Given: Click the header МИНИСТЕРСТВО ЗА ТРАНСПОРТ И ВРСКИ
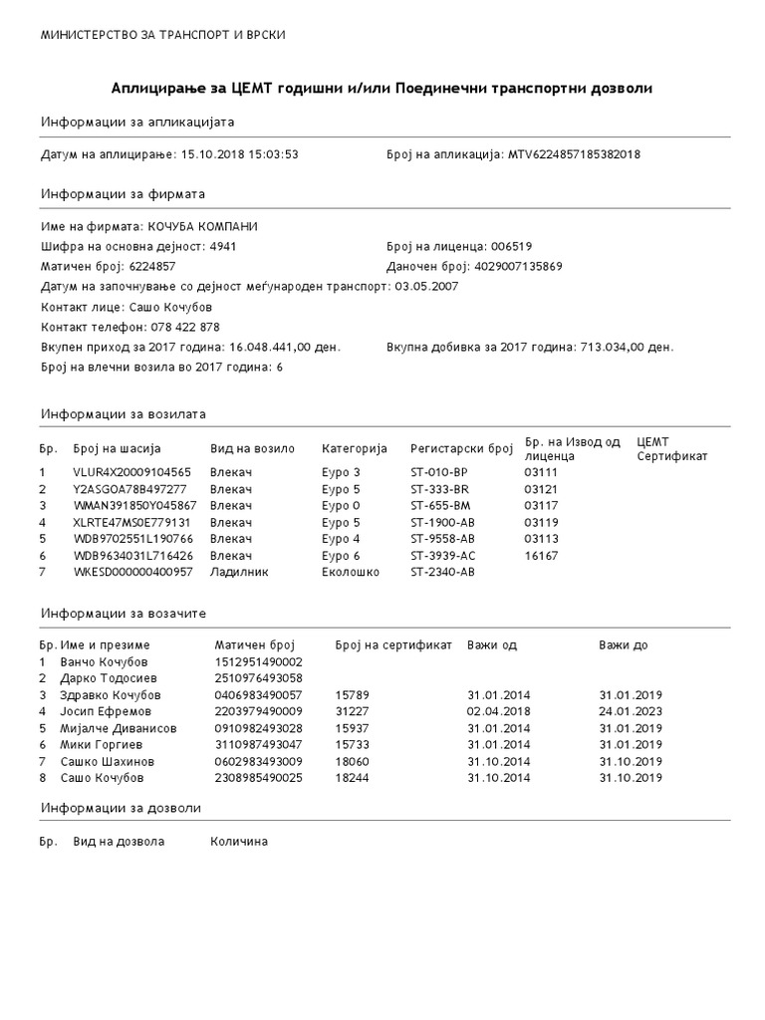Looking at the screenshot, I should [162, 35].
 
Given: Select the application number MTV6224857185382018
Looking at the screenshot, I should [574, 155].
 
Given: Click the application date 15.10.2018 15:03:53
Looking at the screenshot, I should [239, 155].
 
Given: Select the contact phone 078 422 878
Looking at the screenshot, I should [185, 327].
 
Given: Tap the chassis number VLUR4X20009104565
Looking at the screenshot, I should [131, 471].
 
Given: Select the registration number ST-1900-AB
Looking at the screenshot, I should [443, 522].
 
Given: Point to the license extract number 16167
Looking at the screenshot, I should [542, 555].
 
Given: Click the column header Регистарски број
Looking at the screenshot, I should [461, 448].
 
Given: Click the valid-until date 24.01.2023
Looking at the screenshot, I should [631, 711].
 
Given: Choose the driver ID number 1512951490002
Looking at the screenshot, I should [258, 661].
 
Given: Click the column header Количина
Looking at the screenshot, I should [239, 842].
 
